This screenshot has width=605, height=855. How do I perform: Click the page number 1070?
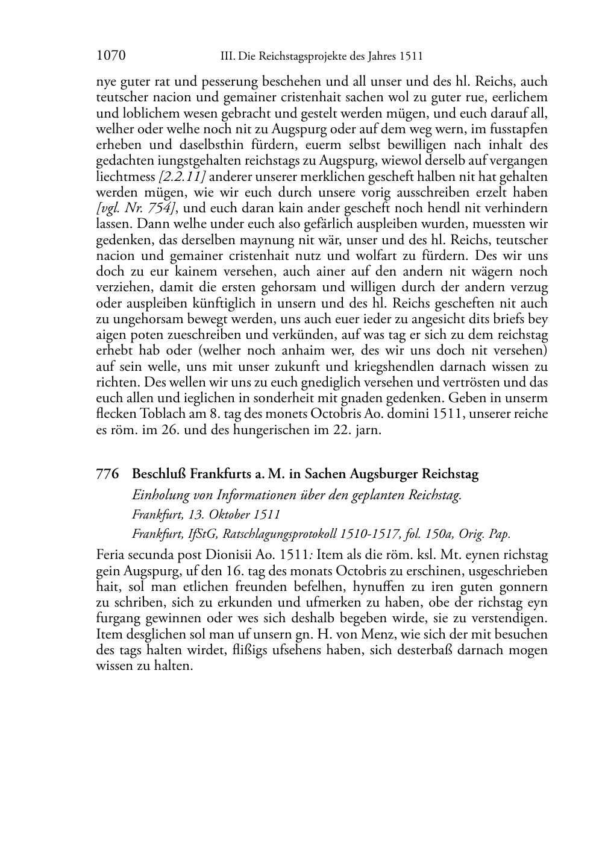click(110, 56)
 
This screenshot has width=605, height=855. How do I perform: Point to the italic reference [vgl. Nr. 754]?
click(137, 209)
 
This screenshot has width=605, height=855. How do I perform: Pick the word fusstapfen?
click(520, 129)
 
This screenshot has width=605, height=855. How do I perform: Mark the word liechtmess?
click(125, 177)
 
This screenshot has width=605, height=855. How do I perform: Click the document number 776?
click(107, 474)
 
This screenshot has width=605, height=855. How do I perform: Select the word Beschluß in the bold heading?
click(159, 474)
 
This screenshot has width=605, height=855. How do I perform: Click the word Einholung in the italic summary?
click(159, 496)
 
